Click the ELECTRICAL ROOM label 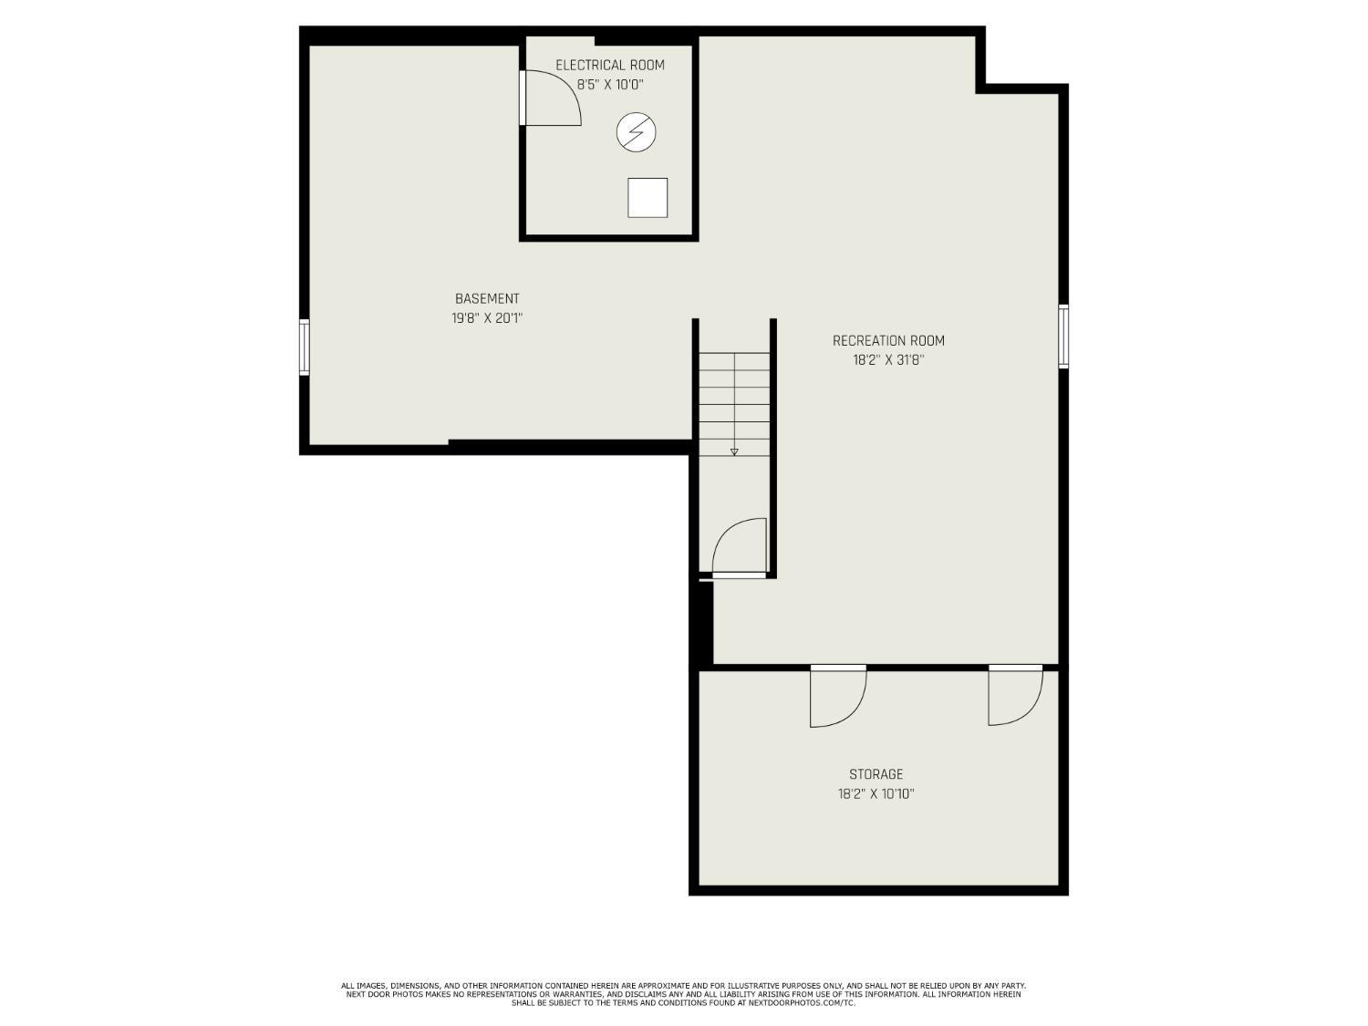[x=610, y=65]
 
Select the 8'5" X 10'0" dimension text [x=610, y=85]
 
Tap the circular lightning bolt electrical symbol [x=636, y=132]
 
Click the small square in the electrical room [x=648, y=198]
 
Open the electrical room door [x=550, y=98]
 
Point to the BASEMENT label [x=487, y=298]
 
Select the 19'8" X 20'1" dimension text [x=487, y=318]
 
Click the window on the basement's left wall [x=305, y=347]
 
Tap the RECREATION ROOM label [x=888, y=340]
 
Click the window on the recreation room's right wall [x=1063, y=336]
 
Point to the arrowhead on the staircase [x=734, y=451]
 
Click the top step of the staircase [x=734, y=362]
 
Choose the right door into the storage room [x=1014, y=695]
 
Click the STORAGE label [x=876, y=774]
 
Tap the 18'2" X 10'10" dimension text [x=876, y=794]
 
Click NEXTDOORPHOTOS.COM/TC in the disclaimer [x=795, y=1003]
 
